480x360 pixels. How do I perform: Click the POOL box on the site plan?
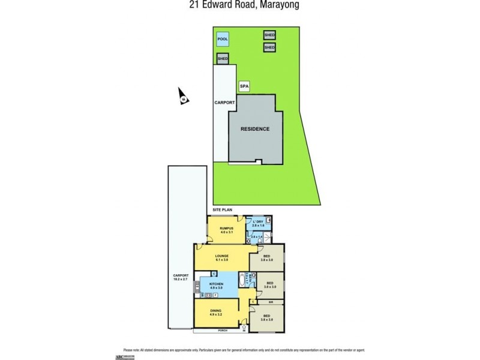click(x=223, y=39)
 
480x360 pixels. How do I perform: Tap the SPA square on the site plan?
click(x=244, y=87)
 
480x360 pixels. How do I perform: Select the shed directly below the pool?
click(x=223, y=59)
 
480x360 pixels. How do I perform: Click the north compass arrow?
click(x=182, y=96)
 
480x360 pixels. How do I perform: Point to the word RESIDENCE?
click(x=255, y=129)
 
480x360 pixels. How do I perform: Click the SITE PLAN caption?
click(x=222, y=209)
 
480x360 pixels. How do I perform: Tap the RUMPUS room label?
click(x=226, y=228)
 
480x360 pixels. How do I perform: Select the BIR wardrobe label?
click(x=271, y=301)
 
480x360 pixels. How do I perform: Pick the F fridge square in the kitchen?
click(x=215, y=296)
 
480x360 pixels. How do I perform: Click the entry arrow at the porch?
click(x=244, y=328)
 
